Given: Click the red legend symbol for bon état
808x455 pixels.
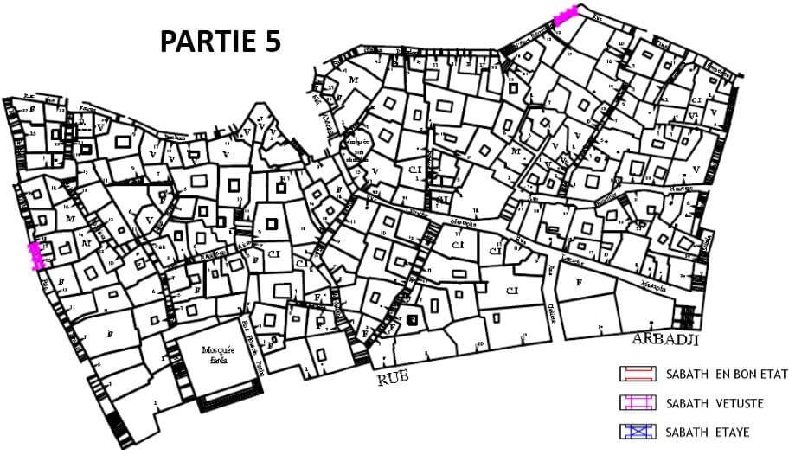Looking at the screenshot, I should (x=639, y=374).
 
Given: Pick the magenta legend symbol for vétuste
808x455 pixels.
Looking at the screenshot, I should (x=639, y=402).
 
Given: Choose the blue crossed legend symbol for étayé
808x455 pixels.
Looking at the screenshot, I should (x=639, y=431).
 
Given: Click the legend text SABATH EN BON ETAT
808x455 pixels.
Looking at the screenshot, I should (x=727, y=375).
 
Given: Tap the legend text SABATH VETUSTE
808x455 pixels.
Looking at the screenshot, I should (x=715, y=403).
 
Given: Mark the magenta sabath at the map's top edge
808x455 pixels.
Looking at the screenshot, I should (x=565, y=16).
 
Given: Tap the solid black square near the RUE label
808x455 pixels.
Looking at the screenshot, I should (x=413, y=321).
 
